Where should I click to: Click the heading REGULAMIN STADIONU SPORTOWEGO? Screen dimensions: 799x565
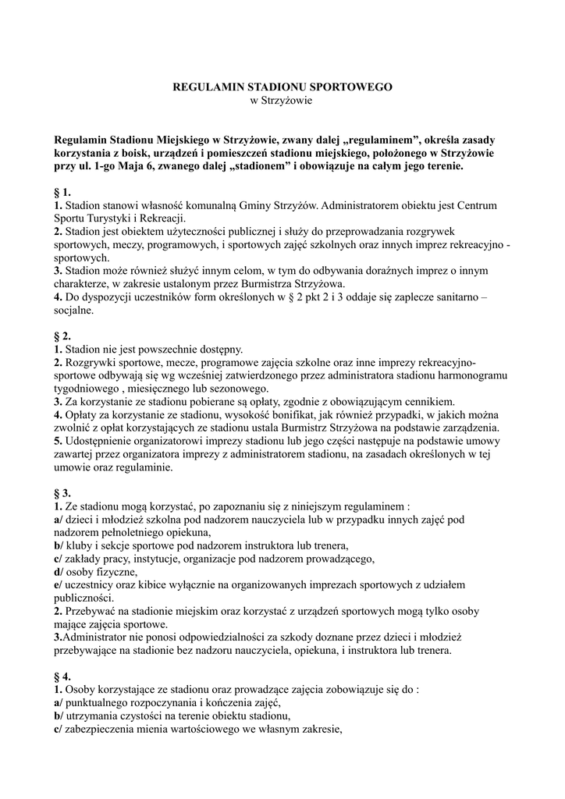coord(282,87)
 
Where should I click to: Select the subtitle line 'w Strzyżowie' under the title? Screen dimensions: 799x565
coord(282,101)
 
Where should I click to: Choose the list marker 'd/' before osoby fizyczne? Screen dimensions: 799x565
coord(59,572)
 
